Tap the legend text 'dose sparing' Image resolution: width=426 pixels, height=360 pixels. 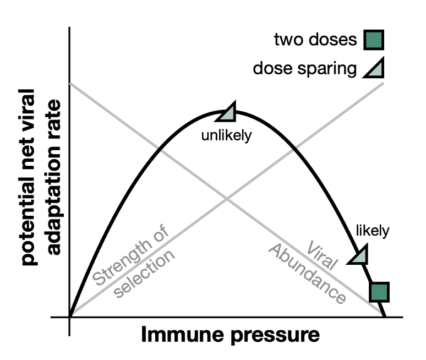(304, 69)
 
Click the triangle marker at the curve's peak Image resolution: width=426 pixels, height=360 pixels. (228, 113)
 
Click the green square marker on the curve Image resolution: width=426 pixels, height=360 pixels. (379, 292)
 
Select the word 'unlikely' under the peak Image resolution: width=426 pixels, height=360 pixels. (226, 135)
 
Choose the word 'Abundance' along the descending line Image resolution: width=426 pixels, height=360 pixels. (307, 274)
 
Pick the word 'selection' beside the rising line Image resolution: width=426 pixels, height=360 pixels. (145, 274)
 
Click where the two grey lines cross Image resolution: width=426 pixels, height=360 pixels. (227, 199)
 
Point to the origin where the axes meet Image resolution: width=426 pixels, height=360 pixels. (69, 317)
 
